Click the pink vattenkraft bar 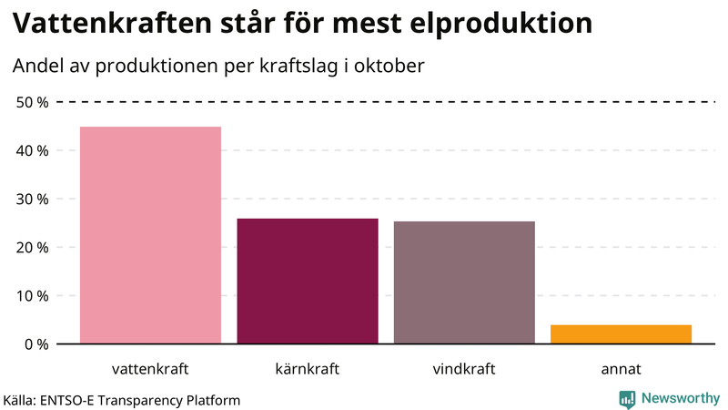[x=150, y=235]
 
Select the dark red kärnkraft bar [x=308, y=281]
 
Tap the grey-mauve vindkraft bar [x=464, y=282]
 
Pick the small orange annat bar [x=621, y=334]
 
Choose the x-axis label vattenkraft [x=150, y=369]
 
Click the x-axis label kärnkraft [x=308, y=369]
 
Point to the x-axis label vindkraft [x=464, y=369]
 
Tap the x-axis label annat [x=621, y=369]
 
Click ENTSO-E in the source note [x=74, y=399]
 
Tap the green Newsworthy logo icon [x=627, y=398]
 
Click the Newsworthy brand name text [x=681, y=398]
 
